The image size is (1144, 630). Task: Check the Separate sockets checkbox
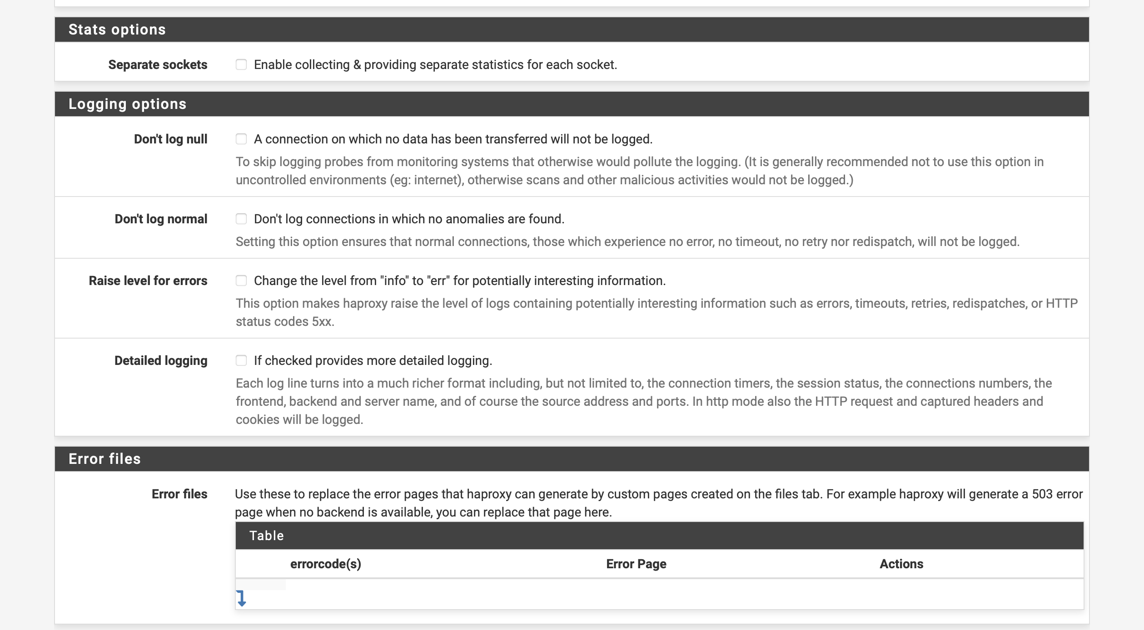(x=241, y=65)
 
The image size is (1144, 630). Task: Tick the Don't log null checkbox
(x=241, y=139)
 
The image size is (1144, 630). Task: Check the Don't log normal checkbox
(x=241, y=219)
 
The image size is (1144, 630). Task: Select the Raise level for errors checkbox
(x=241, y=281)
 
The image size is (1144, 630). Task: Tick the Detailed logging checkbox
(x=241, y=360)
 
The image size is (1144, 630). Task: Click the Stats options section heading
(x=117, y=30)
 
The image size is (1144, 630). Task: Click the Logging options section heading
(x=127, y=104)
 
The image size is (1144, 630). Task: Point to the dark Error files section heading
(x=104, y=459)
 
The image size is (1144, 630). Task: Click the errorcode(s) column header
(x=325, y=564)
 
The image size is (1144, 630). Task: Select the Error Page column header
(x=636, y=564)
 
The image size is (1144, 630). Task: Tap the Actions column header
(x=901, y=564)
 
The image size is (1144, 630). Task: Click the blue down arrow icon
(x=241, y=598)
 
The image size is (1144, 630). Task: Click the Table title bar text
(x=267, y=536)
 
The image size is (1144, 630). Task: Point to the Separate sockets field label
(x=158, y=65)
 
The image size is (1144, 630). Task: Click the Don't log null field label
(x=170, y=139)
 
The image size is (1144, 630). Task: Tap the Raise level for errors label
(x=148, y=281)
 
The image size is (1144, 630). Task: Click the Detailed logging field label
(x=161, y=360)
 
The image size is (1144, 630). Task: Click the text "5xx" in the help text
(x=322, y=321)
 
